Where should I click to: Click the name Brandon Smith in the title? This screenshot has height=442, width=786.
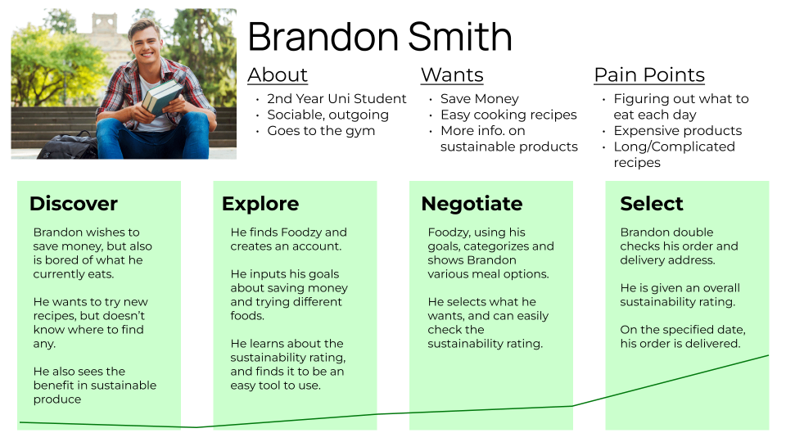[380, 37]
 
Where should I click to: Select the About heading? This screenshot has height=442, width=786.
[278, 74]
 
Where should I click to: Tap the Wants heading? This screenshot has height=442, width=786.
[452, 74]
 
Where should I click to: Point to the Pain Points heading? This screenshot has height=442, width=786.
[649, 74]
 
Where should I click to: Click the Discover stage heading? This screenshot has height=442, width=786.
[74, 204]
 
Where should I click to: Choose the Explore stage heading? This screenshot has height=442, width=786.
[260, 204]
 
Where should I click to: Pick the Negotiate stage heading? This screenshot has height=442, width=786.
[472, 204]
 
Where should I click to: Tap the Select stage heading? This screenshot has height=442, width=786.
[651, 204]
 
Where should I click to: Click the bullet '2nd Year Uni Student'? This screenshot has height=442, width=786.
[337, 99]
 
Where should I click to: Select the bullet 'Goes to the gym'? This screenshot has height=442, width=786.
[321, 131]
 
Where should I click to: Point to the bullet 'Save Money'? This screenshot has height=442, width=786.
[479, 99]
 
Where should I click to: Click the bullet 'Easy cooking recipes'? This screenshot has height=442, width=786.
[508, 115]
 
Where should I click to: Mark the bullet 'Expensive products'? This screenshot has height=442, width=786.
[677, 131]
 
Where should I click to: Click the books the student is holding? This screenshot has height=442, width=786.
[162, 97]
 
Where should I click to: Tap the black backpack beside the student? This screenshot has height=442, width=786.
[69, 146]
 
